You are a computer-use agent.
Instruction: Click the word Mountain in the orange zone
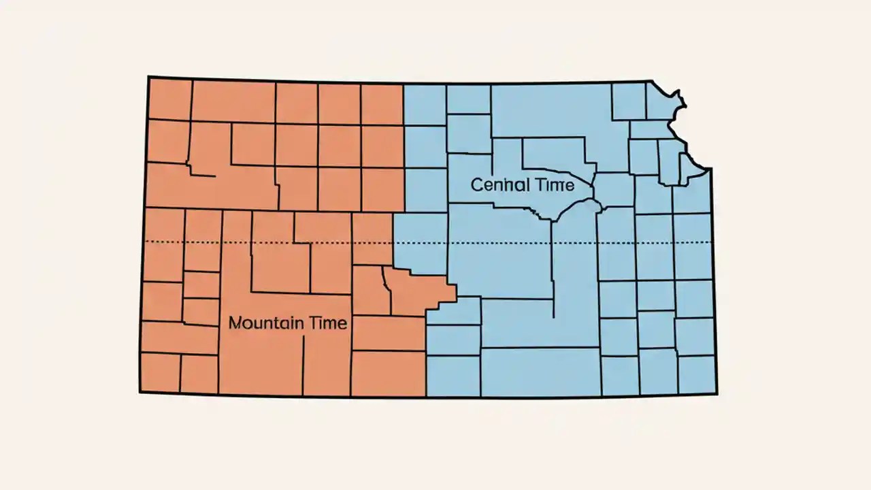point(262,323)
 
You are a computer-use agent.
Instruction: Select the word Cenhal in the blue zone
point(495,184)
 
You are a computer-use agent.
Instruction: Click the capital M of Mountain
point(235,323)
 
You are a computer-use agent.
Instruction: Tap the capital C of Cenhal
point(476,184)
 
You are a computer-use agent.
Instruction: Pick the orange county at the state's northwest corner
point(169,99)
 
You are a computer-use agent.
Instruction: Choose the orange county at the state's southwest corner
point(160,372)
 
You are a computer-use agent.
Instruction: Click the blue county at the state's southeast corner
point(696,374)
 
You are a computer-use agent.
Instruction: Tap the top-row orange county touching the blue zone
point(382,104)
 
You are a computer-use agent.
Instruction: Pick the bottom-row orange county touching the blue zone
point(388,374)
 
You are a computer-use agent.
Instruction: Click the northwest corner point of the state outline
point(148,77)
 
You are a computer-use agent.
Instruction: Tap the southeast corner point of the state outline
point(716,393)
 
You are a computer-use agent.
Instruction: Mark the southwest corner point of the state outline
point(140,392)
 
